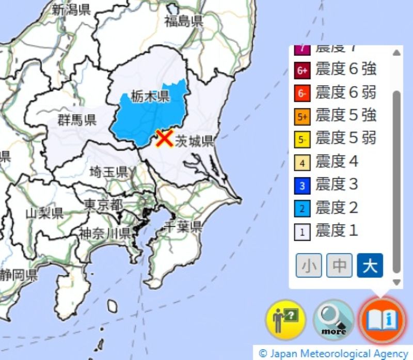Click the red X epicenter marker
click(164, 138)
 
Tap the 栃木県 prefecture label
click(150, 96)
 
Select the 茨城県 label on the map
click(194, 141)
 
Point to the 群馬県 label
click(77, 121)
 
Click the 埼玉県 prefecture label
click(108, 172)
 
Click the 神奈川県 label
click(104, 233)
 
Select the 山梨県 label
click(44, 212)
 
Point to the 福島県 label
click(184, 21)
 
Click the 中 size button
click(339, 265)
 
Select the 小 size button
click(309, 265)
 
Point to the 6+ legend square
click(303, 70)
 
